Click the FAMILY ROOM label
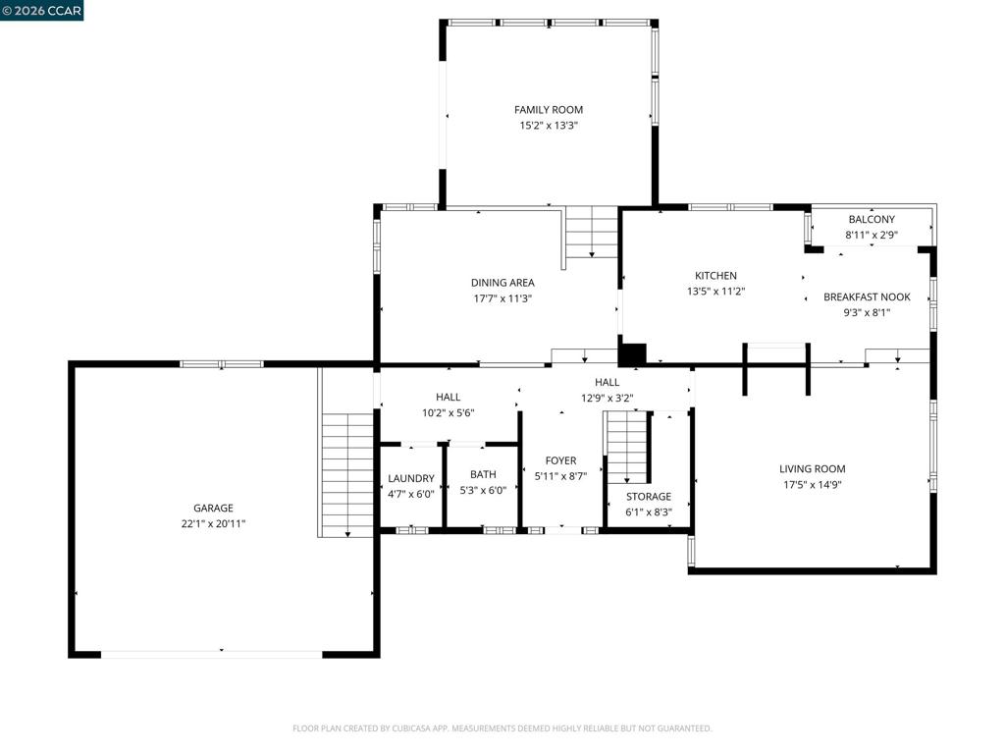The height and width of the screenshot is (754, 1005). (549, 110)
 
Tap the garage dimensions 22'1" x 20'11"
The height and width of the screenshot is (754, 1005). (213, 524)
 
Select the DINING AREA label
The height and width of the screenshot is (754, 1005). (502, 282)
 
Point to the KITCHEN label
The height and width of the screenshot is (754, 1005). (715, 275)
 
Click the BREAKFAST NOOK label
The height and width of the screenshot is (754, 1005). (867, 296)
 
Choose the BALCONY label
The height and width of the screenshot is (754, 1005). (872, 219)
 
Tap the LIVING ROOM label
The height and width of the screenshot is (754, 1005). (812, 468)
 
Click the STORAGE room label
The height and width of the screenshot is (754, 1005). (649, 496)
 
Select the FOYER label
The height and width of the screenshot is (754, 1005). (560, 460)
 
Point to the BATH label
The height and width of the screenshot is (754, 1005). (483, 474)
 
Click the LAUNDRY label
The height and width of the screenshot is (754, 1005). (411, 478)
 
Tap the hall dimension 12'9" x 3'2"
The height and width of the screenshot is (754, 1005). (607, 399)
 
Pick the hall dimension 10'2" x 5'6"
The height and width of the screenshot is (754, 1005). (448, 413)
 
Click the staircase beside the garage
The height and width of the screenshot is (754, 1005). (346, 474)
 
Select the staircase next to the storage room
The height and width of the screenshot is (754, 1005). (627, 447)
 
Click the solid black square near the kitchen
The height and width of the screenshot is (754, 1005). (632, 354)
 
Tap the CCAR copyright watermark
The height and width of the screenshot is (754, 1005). (41, 10)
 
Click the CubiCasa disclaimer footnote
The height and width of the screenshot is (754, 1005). (502, 728)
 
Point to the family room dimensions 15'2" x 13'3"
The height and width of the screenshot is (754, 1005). (549, 126)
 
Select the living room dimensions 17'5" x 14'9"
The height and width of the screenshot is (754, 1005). (812, 485)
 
